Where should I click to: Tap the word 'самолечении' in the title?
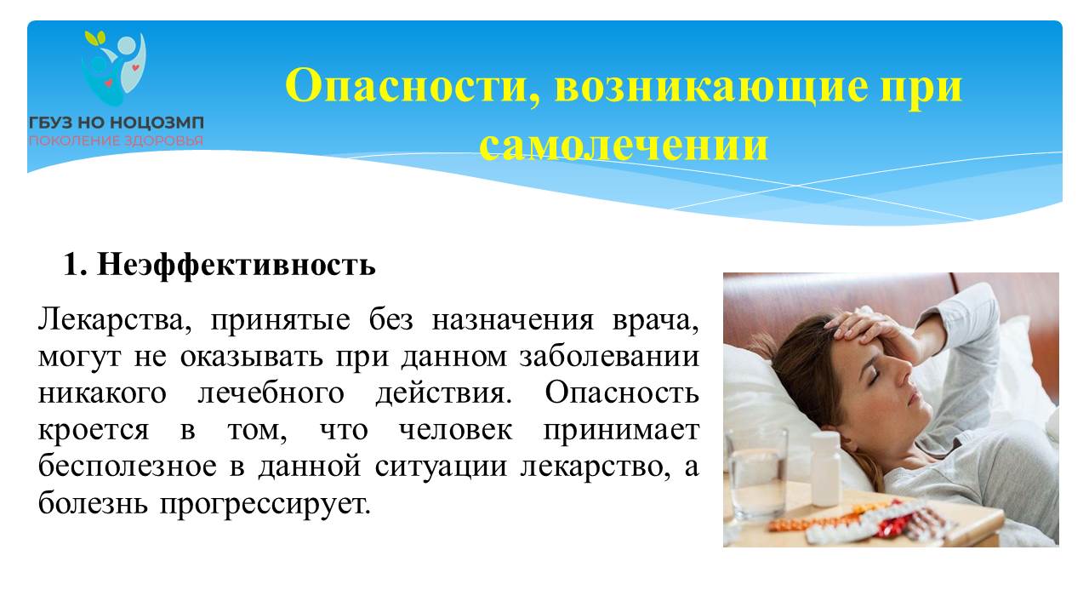(624, 145)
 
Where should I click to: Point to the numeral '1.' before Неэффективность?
(75, 265)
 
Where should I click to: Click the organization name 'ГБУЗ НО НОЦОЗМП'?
(117, 123)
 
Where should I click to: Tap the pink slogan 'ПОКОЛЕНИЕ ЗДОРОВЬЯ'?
(116, 141)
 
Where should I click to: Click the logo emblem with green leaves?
(115, 68)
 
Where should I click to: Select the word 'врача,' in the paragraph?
(655, 321)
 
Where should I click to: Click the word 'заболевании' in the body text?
(609, 358)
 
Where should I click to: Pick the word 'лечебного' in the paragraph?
(271, 393)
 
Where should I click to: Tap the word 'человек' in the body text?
(455, 430)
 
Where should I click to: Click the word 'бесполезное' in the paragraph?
(128, 466)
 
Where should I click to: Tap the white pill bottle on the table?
(825, 469)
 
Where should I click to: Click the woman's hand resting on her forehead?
(870, 331)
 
